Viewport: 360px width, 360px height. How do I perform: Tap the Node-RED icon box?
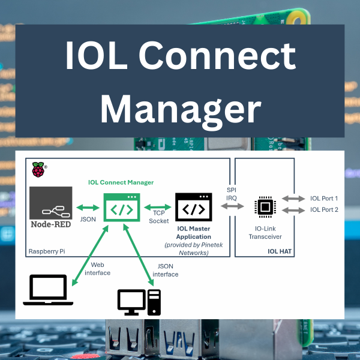(50, 208)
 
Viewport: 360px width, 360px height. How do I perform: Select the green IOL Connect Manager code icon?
(122, 208)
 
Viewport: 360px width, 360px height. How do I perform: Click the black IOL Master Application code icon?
(193, 208)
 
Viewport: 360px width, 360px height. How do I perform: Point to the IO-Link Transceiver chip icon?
(265, 206)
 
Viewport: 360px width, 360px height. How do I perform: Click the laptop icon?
(48, 290)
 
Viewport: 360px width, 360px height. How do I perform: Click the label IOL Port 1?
(324, 199)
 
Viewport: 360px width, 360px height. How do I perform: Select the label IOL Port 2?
(324, 210)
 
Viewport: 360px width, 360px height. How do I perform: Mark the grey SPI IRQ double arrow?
(232, 206)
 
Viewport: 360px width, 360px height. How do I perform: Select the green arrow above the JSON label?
(88, 208)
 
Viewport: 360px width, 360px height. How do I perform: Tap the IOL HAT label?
(279, 251)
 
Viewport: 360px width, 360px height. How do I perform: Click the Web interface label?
(100, 268)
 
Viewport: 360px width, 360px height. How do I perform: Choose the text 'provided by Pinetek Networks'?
(193, 249)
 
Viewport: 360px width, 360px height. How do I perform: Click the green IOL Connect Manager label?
(121, 182)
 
